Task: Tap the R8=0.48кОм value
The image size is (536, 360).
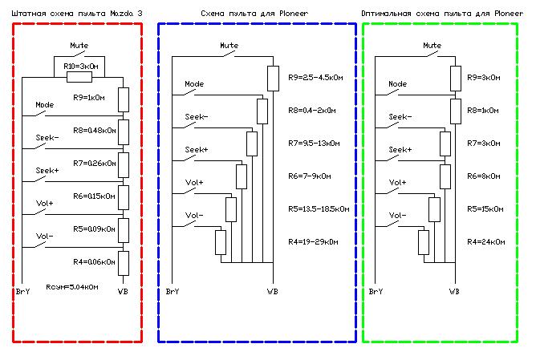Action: [x=93, y=129]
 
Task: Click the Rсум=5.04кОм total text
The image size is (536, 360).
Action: [x=72, y=286]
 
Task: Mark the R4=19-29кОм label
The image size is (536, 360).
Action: [x=314, y=241]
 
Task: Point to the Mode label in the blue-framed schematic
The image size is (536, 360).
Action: [x=194, y=83]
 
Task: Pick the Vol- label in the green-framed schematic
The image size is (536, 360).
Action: [x=397, y=215]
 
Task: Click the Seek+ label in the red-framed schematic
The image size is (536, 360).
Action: [x=47, y=170]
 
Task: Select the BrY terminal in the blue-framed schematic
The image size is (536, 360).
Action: [x=171, y=291]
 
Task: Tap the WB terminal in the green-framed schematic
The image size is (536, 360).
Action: [x=455, y=291]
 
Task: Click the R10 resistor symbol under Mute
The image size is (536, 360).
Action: [x=78, y=77]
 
